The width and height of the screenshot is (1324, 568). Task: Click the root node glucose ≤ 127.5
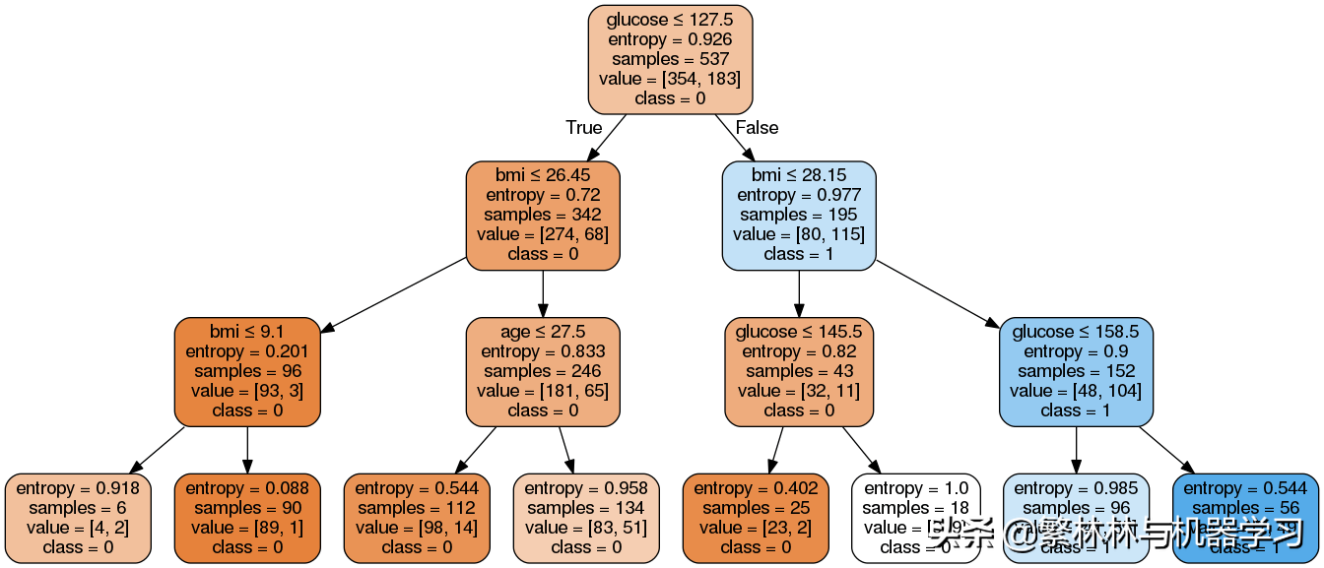670,59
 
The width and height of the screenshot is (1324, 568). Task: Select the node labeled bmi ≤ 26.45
542,215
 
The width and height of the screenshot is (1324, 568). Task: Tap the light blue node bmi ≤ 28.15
798,215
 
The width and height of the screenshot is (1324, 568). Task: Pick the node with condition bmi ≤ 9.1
247,371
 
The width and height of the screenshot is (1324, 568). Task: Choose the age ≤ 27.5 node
542,371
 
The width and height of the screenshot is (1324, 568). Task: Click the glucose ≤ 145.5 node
798,371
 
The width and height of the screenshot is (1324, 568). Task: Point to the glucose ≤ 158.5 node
1076,371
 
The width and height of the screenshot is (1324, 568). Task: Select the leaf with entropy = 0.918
78,517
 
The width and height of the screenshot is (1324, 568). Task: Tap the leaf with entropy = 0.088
247,517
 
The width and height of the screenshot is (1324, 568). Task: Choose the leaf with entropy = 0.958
585,517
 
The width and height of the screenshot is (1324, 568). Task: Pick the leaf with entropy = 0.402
755,517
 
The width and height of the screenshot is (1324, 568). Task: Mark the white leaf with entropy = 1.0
915,517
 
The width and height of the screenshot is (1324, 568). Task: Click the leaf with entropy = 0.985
1076,517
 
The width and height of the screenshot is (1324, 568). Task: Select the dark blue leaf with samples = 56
1245,517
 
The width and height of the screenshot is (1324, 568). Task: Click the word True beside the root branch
583,128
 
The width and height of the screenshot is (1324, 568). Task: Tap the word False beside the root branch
757,128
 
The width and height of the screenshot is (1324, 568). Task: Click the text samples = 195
798,215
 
